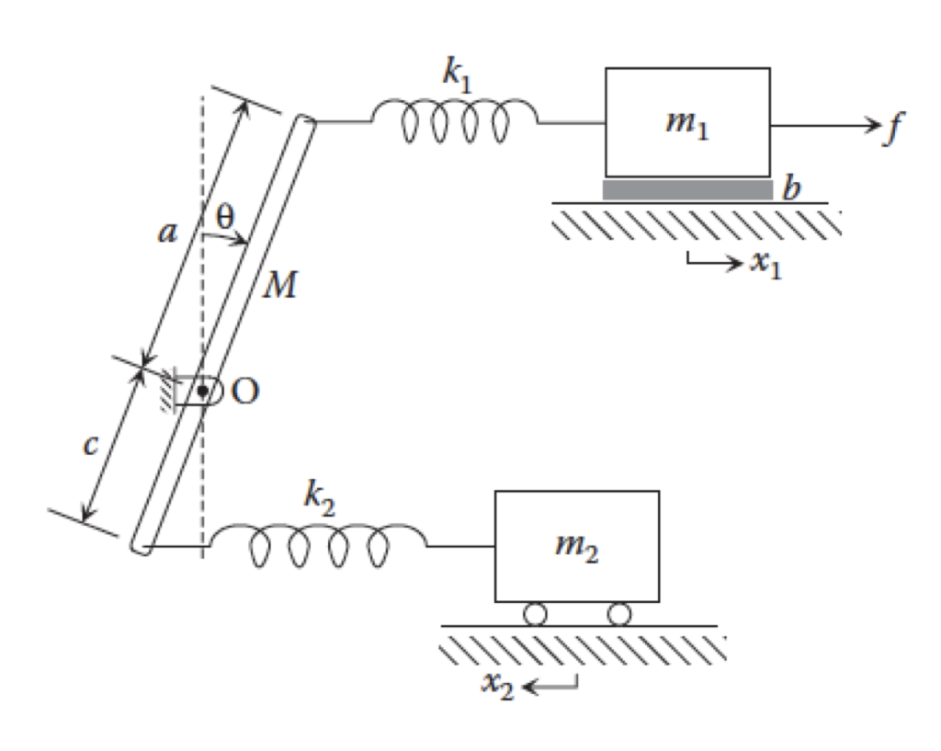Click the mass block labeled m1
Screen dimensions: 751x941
click(x=686, y=121)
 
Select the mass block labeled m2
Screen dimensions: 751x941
click(x=576, y=546)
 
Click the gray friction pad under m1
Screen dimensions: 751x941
click(x=686, y=189)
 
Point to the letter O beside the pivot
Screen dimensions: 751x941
click(x=244, y=391)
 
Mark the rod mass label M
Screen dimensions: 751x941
click(x=279, y=286)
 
